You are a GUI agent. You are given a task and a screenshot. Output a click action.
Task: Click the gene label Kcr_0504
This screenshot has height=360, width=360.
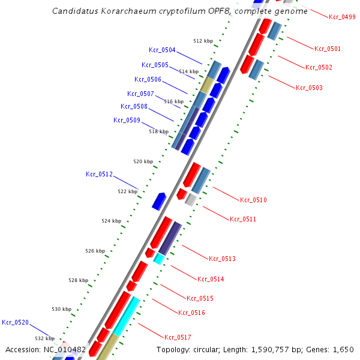coord(162,50)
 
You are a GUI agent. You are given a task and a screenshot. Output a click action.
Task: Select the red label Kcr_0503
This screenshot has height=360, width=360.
coord(309,88)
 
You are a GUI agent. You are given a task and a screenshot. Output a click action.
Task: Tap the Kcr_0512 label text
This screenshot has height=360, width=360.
coord(99,175)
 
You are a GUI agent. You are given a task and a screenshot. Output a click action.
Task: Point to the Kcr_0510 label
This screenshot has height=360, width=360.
coord(253,200)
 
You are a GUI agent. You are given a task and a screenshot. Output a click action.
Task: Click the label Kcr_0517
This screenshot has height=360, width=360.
coord(178,337)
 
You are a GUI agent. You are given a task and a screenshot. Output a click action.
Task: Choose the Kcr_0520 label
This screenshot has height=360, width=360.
coord(15,323)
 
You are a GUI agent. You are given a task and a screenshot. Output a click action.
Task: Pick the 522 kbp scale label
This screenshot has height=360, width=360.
coord(127,191)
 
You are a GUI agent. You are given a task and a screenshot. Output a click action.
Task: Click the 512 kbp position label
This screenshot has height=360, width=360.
coord(203,41)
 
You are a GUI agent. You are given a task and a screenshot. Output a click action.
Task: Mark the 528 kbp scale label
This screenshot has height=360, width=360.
coord(78,280)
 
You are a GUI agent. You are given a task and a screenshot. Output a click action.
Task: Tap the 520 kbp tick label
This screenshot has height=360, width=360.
coord(143,161)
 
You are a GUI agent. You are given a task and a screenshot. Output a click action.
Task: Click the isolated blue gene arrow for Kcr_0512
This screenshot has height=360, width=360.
coord(159,201)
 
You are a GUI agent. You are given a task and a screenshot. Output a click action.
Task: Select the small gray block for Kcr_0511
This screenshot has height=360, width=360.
coord(191,200)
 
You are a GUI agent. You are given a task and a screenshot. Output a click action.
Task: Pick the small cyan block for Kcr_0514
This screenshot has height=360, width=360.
coord(159,259)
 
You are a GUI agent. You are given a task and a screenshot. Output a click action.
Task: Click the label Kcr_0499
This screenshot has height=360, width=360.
coord(342,17)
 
